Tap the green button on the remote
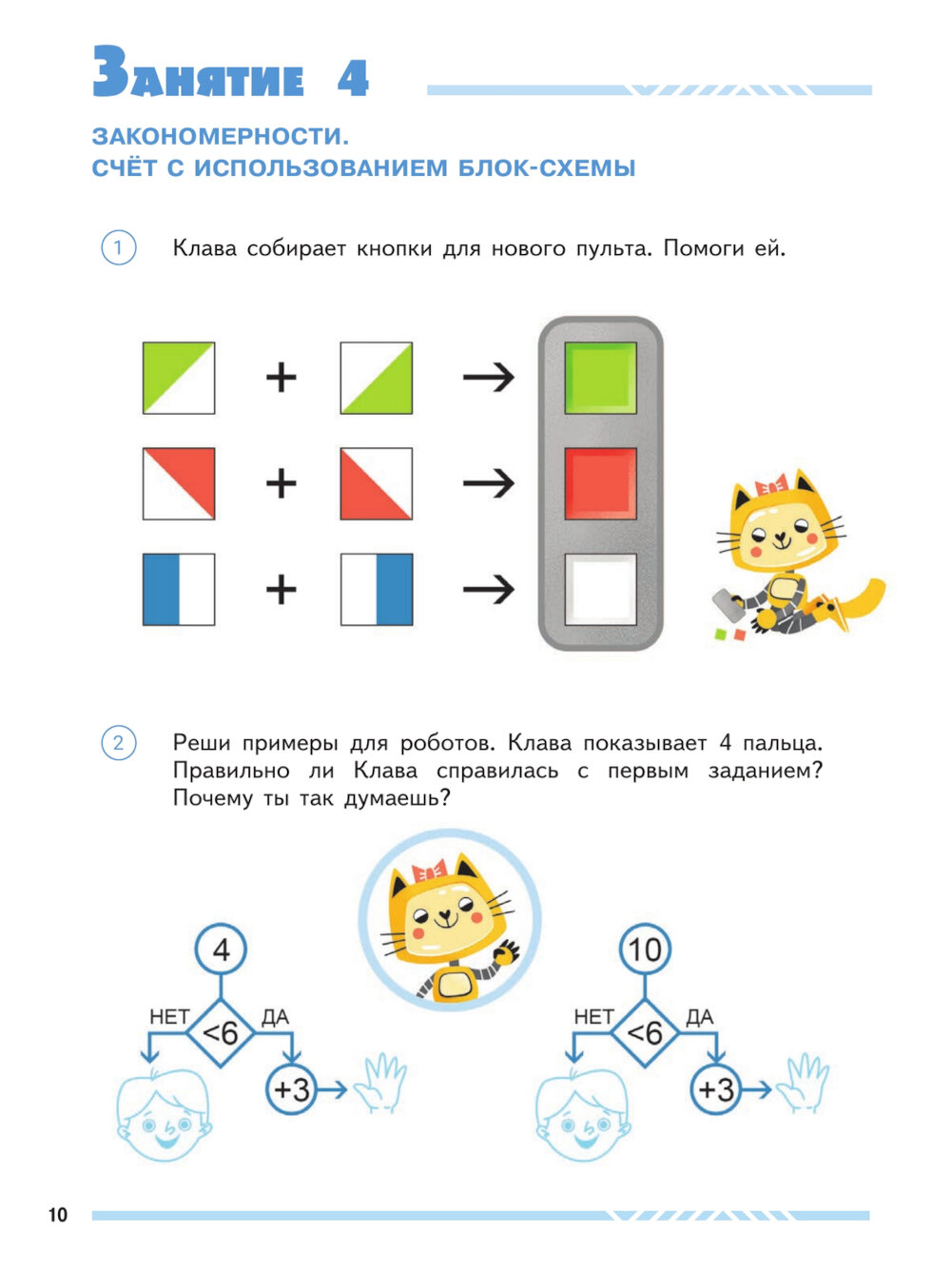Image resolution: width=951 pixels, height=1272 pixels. (x=600, y=378)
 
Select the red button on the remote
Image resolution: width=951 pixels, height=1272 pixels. (x=600, y=483)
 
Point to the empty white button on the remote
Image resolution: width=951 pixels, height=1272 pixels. (x=600, y=589)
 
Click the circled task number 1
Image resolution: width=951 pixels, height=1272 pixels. (x=119, y=247)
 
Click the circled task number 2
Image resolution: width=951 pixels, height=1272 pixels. (x=119, y=742)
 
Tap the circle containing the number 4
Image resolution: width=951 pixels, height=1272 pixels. (x=221, y=949)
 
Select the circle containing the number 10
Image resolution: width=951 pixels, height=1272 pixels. (x=645, y=949)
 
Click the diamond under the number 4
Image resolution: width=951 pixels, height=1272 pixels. (x=221, y=1033)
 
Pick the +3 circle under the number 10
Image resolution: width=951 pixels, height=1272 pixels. (x=716, y=1090)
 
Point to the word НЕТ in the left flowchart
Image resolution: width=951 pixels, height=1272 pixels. (x=169, y=1016)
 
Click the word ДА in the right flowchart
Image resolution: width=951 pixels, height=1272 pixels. (x=700, y=1016)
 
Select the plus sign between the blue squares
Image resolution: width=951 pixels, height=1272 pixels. (x=281, y=589)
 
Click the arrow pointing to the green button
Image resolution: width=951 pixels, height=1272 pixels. (x=488, y=378)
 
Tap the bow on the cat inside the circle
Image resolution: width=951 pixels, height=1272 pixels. (x=429, y=871)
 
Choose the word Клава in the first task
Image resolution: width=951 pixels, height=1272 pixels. (x=205, y=248)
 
